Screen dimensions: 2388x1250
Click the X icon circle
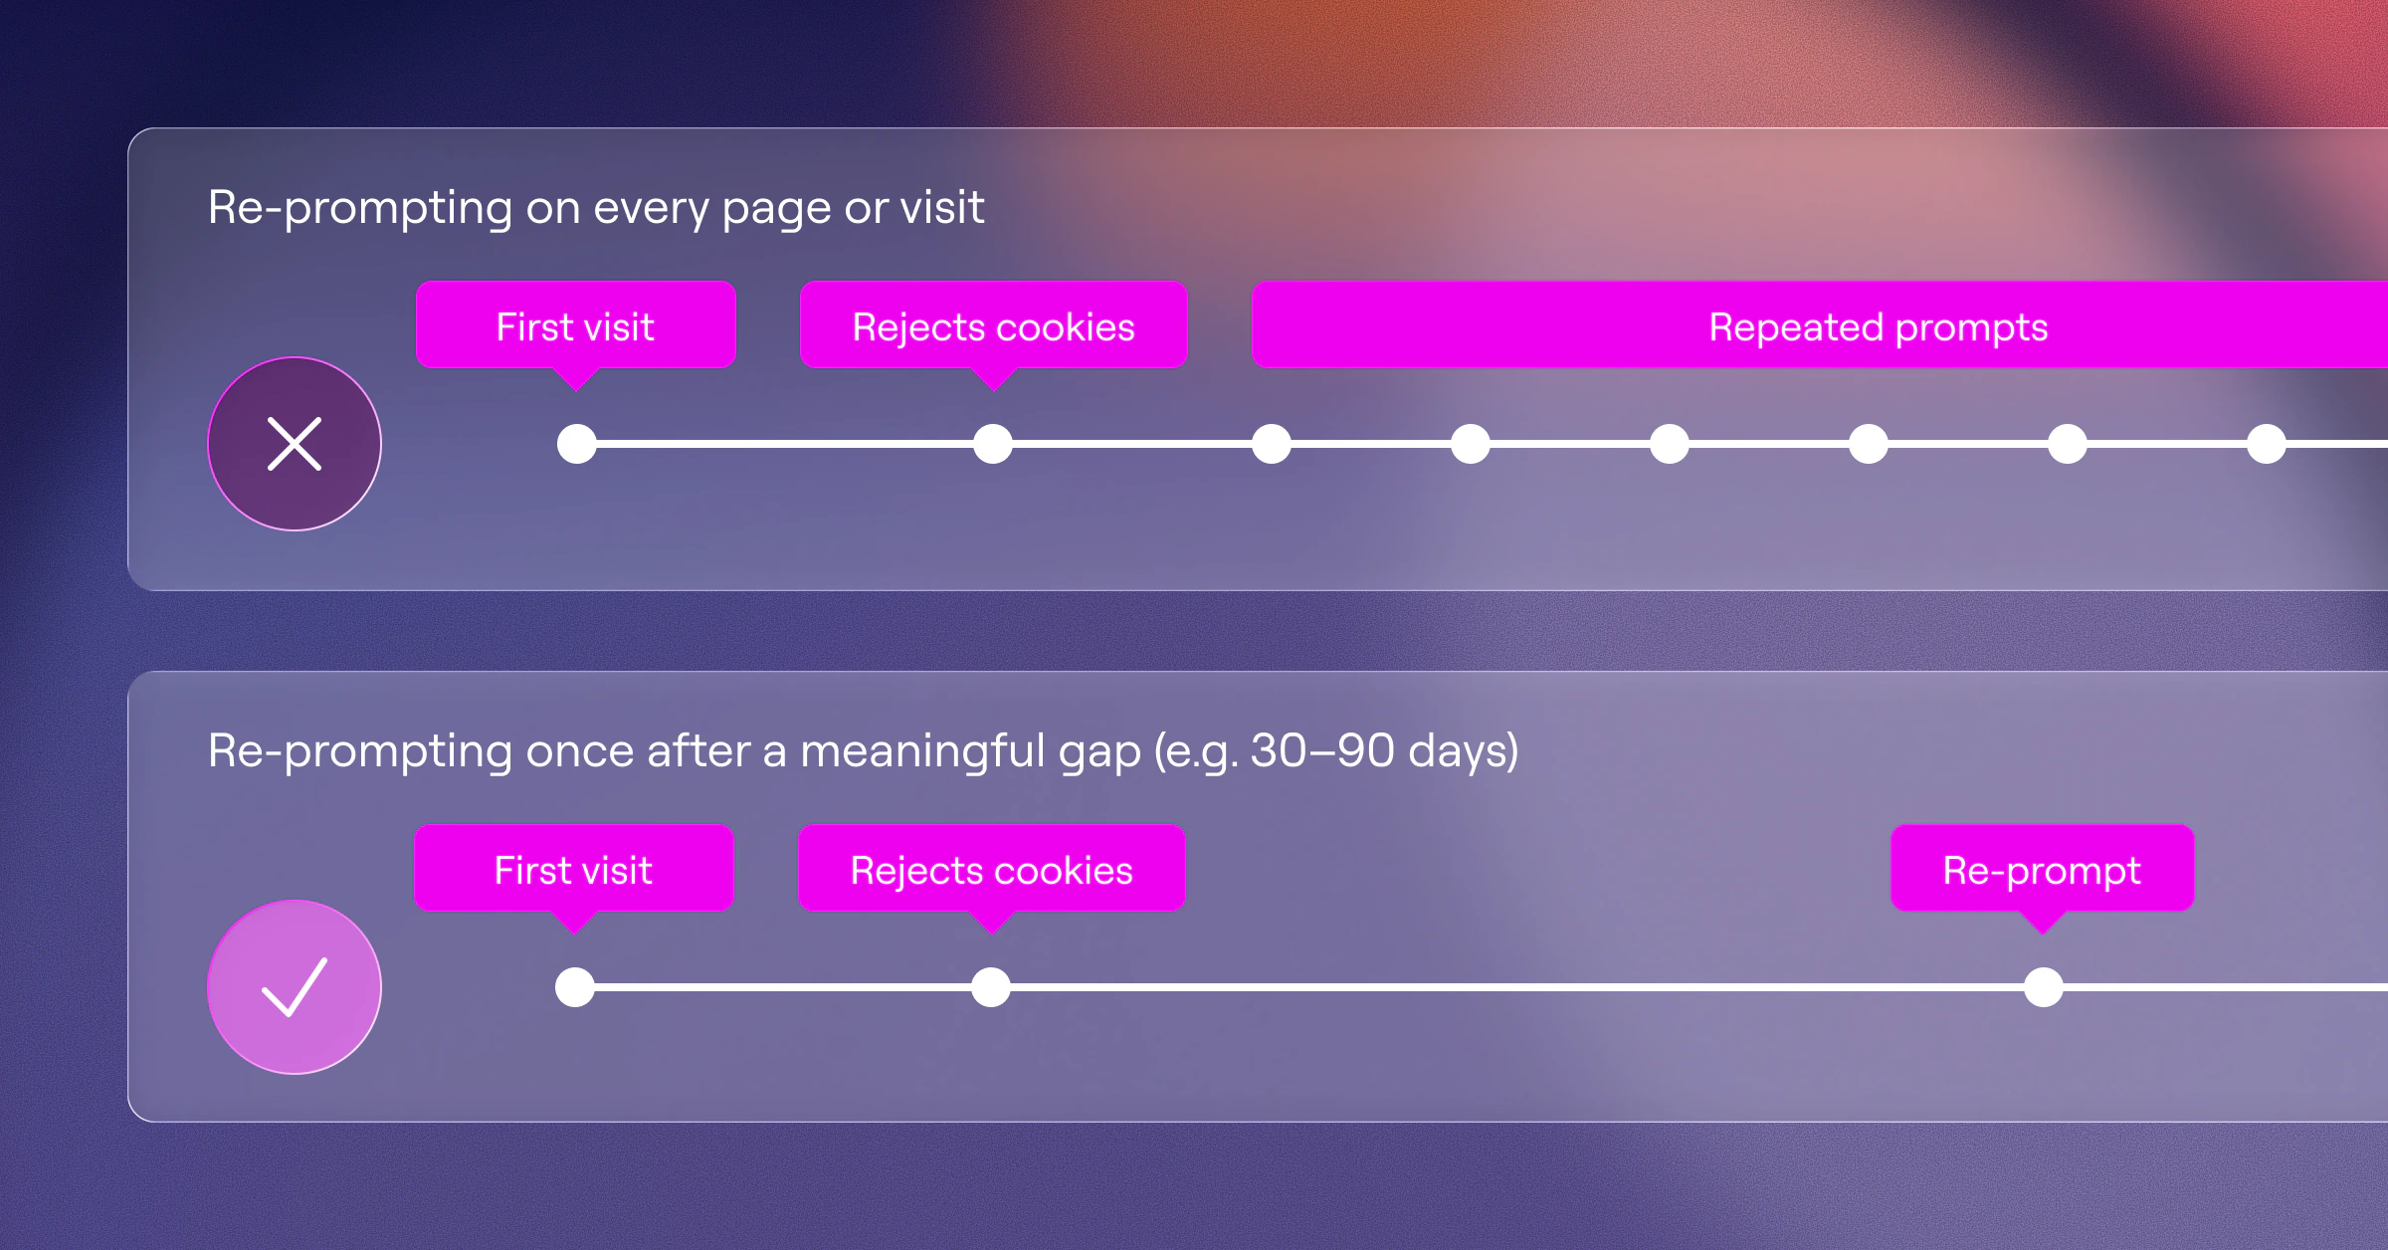(295, 444)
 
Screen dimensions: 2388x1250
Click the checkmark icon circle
(295, 987)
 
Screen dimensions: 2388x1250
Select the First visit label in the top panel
(576, 326)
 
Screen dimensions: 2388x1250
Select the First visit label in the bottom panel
(574, 870)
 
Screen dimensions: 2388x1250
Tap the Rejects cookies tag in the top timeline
(994, 326)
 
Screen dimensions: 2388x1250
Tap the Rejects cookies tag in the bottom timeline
(992, 870)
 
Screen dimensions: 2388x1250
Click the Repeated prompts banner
(1820, 325)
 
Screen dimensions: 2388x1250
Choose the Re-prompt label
(2043, 870)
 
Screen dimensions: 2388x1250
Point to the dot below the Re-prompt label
(2044, 987)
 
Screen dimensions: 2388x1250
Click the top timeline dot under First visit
(577, 444)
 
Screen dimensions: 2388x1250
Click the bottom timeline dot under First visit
(575, 987)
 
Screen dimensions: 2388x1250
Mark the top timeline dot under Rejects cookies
(993, 444)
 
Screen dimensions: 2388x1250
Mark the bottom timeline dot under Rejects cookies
(991, 987)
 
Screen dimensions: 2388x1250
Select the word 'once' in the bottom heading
(580, 752)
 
